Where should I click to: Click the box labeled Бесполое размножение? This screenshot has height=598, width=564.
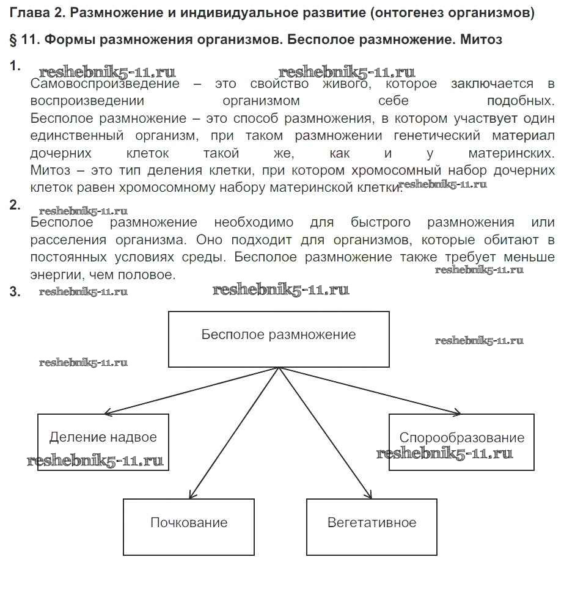[279, 339]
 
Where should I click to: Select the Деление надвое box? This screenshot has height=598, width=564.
[103, 442]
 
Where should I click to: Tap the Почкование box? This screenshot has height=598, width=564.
[189, 527]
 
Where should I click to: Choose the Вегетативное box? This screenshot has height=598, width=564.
[372, 527]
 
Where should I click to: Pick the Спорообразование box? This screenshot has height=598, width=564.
[461, 442]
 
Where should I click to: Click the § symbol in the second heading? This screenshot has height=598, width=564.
[13, 40]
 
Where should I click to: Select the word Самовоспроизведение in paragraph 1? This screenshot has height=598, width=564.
[104, 84]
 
